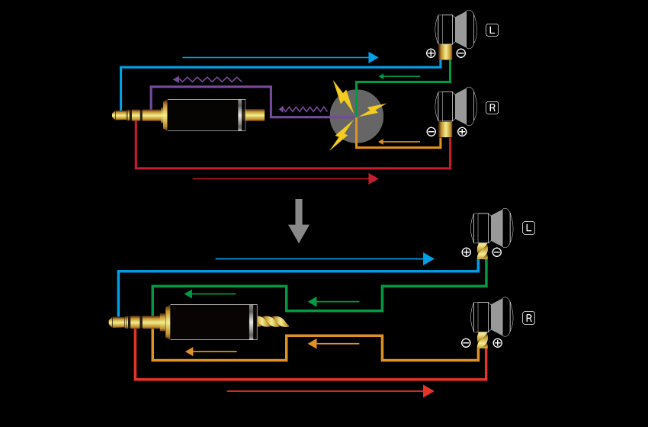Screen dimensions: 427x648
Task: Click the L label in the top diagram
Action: (x=492, y=30)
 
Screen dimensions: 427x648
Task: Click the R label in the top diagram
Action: (x=492, y=108)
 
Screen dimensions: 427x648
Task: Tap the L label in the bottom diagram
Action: (x=528, y=228)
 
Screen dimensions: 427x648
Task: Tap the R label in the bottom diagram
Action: (x=528, y=318)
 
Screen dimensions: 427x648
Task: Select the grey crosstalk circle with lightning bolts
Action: (x=357, y=116)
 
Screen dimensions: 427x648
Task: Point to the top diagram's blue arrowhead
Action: (x=373, y=57)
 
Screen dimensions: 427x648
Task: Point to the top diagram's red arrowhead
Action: (x=373, y=178)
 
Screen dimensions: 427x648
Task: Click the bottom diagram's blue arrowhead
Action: (x=428, y=258)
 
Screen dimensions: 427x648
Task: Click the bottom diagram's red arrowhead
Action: (x=428, y=391)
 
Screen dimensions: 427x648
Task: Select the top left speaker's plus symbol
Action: (x=431, y=53)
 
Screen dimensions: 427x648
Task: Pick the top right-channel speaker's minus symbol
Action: (x=431, y=131)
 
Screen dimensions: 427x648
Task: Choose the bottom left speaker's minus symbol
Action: (x=497, y=252)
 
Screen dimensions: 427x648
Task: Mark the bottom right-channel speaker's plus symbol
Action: (x=497, y=342)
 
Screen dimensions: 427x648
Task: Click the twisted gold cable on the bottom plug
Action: (x=272, y=322)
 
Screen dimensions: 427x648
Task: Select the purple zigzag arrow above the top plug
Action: (x=207, y=79)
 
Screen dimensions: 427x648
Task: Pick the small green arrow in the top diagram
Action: (x=399, y=76)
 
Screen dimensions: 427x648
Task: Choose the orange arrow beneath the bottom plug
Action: (x=210, y=352)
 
